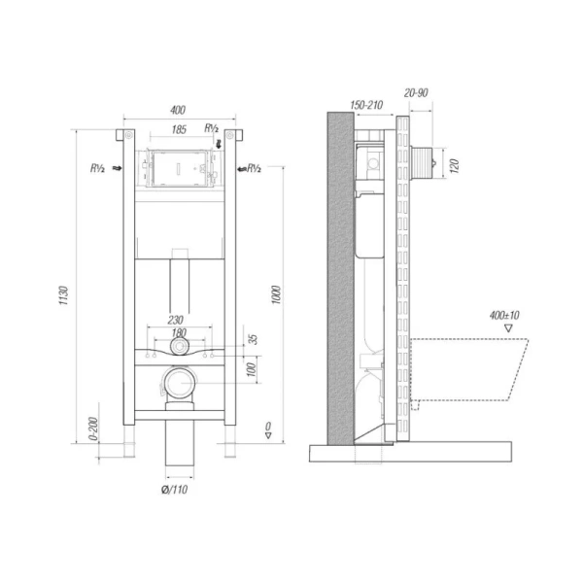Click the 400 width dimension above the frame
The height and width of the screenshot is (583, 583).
178,110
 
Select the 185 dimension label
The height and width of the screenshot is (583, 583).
179,129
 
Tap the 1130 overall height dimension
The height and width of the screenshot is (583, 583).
63,295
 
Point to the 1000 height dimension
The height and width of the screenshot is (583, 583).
276,294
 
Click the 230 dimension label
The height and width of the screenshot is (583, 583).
176,320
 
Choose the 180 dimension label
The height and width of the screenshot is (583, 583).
179,332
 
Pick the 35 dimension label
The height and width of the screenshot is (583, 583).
253,339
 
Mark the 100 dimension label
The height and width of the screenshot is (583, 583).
252,369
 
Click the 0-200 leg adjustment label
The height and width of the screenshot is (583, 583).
93,429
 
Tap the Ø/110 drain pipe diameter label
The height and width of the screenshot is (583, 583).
174,490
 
